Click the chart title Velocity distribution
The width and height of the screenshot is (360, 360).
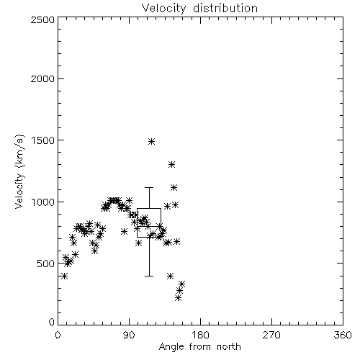[x=199, y=9]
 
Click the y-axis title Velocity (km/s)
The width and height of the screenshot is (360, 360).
[x=19, y=171]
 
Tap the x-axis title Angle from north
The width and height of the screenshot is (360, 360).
[x=199, y=347]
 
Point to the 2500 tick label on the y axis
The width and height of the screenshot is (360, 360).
[x=42, y=19]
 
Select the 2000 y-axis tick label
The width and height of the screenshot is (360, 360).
[x=42, y=78]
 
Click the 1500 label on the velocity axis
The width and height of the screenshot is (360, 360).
[x=43, y=140]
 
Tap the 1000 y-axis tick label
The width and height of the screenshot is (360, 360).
[x=43, y=202]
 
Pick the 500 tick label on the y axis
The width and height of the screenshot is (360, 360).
[x=46, y=264]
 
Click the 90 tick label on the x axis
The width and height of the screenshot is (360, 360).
[x=129, y=335]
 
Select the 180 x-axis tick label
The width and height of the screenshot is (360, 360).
[x=200, y=335]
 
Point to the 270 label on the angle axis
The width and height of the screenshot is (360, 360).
[x=271, y=335]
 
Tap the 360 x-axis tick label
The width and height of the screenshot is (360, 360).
[x=343, y=335]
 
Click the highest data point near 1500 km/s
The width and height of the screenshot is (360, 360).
[x=151, y=141]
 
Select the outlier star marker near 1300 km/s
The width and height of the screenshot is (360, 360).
[x=171, y=165]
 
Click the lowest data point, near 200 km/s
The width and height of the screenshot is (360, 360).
[x=178, y=298]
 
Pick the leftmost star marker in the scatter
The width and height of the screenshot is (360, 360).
[x=64, y=276]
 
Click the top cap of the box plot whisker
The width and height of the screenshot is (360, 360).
[x=149, y=187]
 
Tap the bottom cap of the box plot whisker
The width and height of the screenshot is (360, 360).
[x=149, y=276]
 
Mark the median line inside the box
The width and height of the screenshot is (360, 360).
[x=149, y=226]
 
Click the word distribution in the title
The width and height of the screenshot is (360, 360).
[x=225, y=9]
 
